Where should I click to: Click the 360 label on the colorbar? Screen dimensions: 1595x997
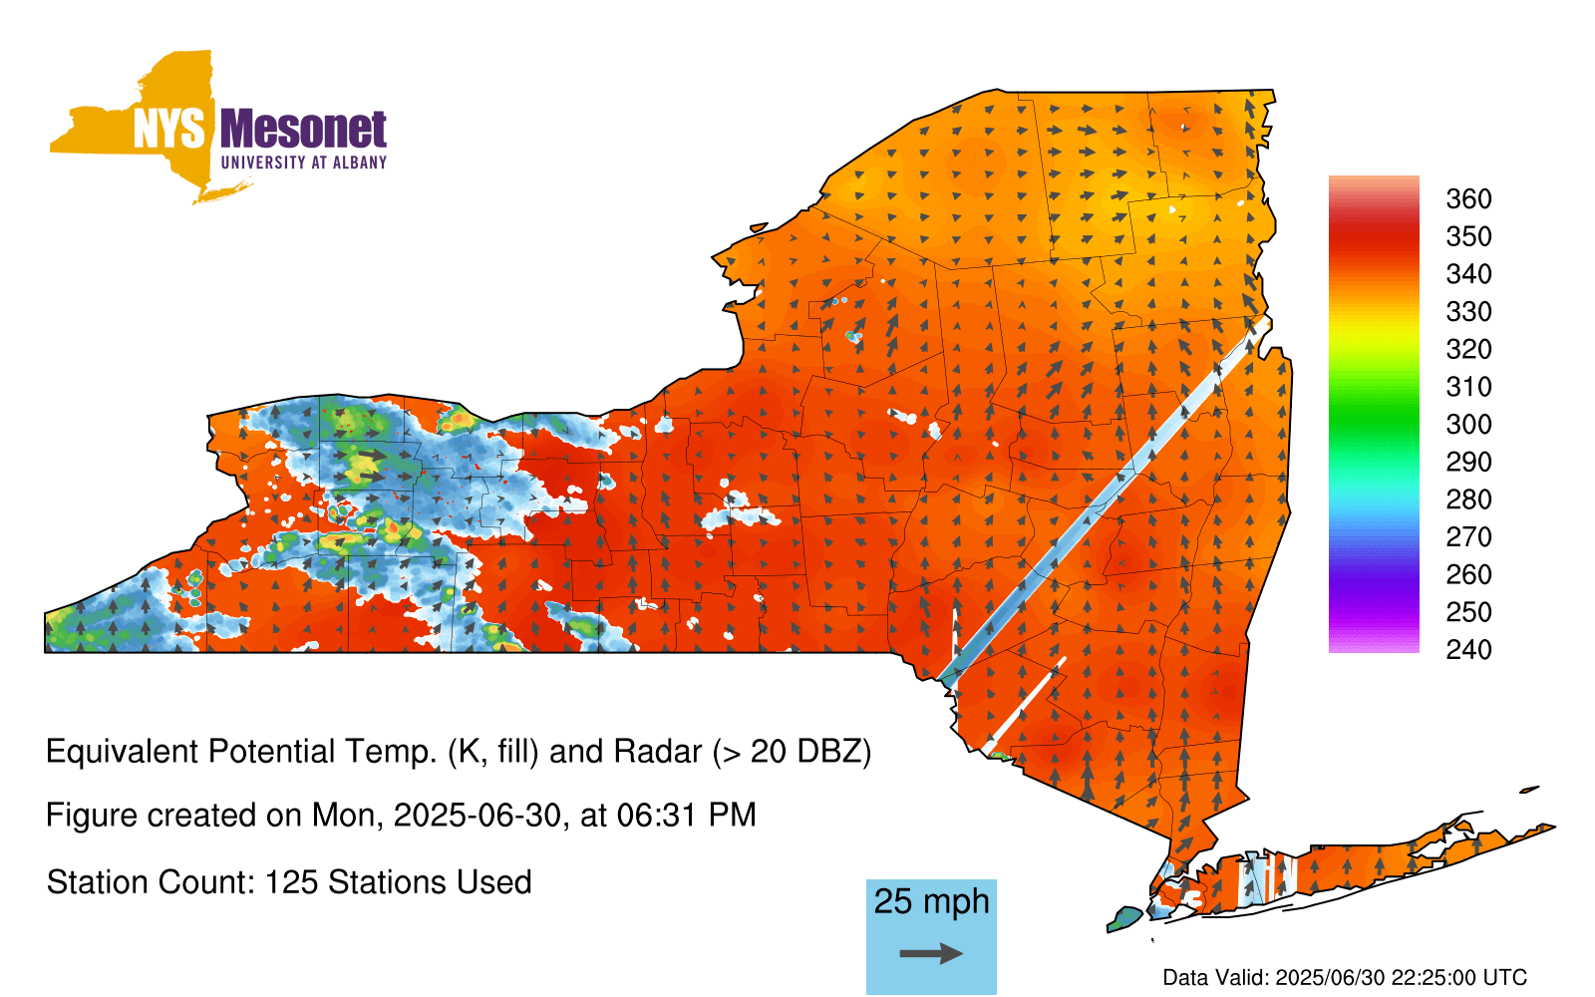[1468, 198]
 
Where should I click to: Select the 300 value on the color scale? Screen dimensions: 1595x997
[1468, 425]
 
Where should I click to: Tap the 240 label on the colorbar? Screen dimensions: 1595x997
[1468, 649]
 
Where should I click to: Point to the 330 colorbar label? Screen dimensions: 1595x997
[1468, 311]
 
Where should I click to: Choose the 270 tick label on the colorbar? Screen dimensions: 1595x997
[1468, 537]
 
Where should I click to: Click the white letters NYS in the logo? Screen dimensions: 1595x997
[168, 129]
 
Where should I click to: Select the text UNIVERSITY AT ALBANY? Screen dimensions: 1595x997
[304, 163]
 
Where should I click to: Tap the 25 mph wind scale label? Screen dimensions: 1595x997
[931, 901]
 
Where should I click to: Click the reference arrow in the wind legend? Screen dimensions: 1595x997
[931, 953]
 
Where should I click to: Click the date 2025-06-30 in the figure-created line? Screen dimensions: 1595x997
[478, 816]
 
